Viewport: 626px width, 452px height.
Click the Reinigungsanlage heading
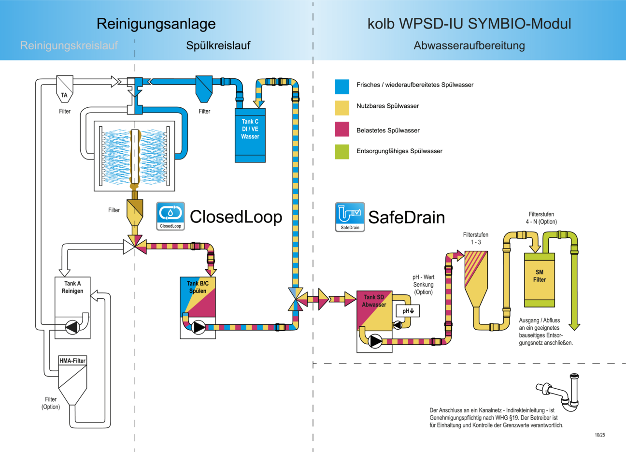click(x=156, y=24)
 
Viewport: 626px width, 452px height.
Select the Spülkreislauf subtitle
click(x=218, y=46)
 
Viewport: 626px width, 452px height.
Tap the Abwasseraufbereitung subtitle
click(x=469, y=46)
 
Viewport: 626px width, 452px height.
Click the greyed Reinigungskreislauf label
click(x=69, y=46)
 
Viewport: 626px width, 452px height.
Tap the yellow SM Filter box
click(x=540, y=279)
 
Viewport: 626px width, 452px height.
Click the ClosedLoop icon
click(x=171, y=216)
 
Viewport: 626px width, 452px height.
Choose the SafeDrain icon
click(x=350, y=217)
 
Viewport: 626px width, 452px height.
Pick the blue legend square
click(x=342, y=87)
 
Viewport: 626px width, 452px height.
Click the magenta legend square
click(x=342, y=130)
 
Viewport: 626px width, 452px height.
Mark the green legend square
click(x=342, y=152)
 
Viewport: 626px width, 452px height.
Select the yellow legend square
click(x=342, y=108)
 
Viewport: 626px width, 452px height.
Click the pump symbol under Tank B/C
click(x=199, y=327)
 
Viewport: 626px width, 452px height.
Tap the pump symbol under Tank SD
click(x=375, y=341)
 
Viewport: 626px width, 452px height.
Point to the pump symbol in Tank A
click(x=72, y=327)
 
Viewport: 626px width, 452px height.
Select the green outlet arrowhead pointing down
click(x=574, y=327)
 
